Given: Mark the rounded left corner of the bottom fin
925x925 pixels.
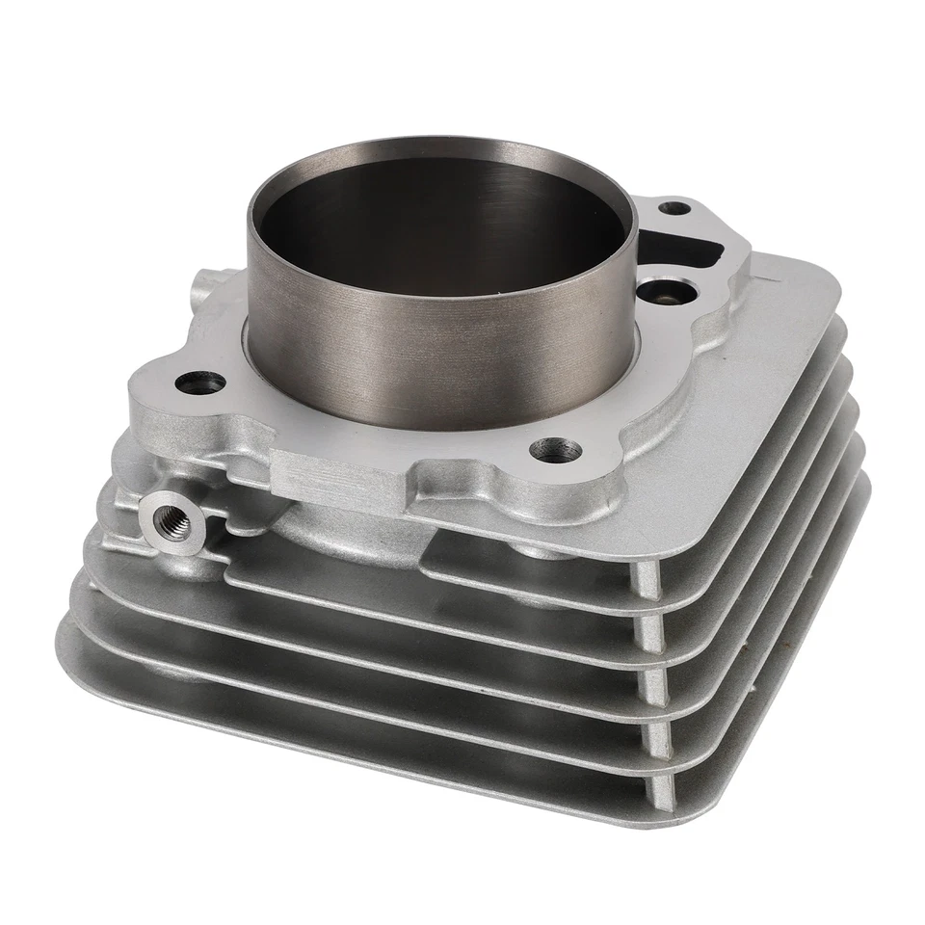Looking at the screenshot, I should pos(69,631).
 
